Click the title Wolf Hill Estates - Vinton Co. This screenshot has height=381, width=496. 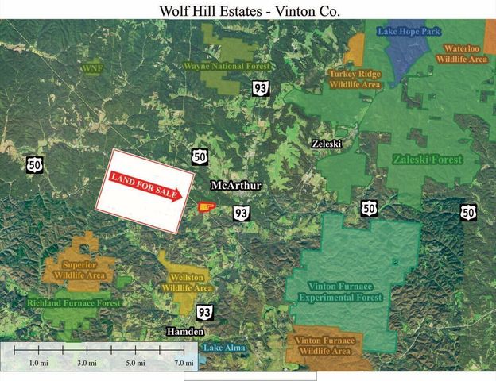click(x=248, y=10)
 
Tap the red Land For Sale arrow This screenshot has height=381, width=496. click(x=146, y=185)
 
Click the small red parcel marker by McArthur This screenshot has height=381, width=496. click(x=205, y=208)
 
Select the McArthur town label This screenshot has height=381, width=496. click(x=236, y=186)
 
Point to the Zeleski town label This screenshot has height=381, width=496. click(x=326, y=144)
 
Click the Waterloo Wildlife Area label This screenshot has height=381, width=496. click(x=465, y=53)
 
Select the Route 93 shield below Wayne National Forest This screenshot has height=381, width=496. click(x=259, y=87)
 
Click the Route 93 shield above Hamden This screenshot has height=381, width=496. click(x=204, y=312)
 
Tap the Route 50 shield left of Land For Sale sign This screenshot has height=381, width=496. click(x=34, y=164)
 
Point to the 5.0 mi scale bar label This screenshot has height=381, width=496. click(x=135, y=363)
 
